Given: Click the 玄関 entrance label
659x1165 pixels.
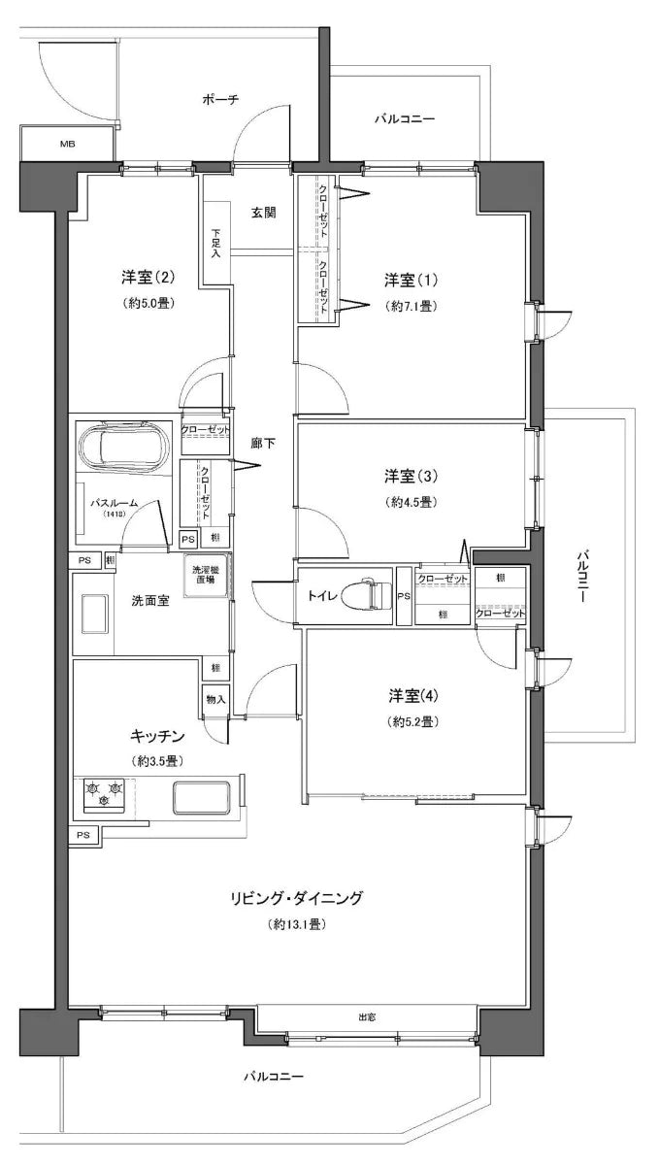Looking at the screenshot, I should (x=264, y=213).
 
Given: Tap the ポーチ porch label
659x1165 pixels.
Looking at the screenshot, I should (x=221, y=99).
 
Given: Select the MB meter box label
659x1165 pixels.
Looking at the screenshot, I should (x=67, y=145).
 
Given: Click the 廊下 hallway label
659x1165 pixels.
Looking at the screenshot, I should (x=263, y=444).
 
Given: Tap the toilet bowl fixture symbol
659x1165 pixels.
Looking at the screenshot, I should (x=368, y=596).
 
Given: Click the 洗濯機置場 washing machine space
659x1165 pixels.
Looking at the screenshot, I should (x=207, y=579).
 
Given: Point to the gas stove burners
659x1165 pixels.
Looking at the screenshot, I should (x=105, y=793).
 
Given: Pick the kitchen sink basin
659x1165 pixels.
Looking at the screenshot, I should (x=202, y=798).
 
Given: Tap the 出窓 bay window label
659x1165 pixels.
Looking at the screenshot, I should (x=366, y=1016).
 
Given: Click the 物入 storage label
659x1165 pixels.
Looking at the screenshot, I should (x=215, y=699).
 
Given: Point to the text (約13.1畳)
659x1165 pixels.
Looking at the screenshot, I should (x=296, y=925).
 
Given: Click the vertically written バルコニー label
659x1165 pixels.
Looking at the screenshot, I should (x=581, y=577).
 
